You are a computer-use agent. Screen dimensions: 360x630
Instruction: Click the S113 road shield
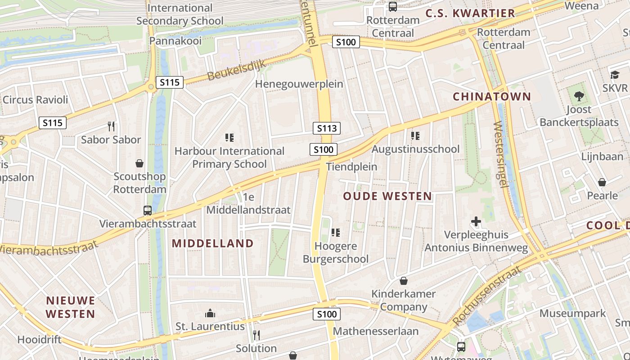[327, 128]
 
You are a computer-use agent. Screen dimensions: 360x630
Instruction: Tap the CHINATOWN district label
[492, 96]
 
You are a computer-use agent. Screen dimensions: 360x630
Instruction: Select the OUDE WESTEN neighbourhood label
[387, 196]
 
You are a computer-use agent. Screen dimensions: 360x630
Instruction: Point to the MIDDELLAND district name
[213, 243]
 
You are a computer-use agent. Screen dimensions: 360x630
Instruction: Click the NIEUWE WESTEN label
[71, 307]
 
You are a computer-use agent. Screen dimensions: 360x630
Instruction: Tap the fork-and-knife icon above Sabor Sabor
[111, 126]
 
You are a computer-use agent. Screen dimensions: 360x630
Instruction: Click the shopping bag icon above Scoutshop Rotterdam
[139, 163]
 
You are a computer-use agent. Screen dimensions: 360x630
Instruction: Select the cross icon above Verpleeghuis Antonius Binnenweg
[476, 221]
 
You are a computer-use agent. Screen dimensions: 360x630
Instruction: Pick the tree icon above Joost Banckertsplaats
[579, 96]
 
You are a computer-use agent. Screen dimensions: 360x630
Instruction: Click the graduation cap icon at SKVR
[615, 75]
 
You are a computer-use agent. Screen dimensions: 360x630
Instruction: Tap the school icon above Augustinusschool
[415, 135]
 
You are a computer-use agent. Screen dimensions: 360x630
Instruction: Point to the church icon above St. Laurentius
[210, 313]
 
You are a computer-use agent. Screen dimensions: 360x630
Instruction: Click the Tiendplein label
[351, 166]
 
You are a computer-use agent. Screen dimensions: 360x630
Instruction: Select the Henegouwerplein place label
[299, 84]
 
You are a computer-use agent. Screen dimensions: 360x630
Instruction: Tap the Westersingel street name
[501, 154]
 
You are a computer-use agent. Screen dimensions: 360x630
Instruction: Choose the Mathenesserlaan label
[376, 331]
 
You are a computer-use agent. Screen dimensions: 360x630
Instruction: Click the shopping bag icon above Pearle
[602, 182]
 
